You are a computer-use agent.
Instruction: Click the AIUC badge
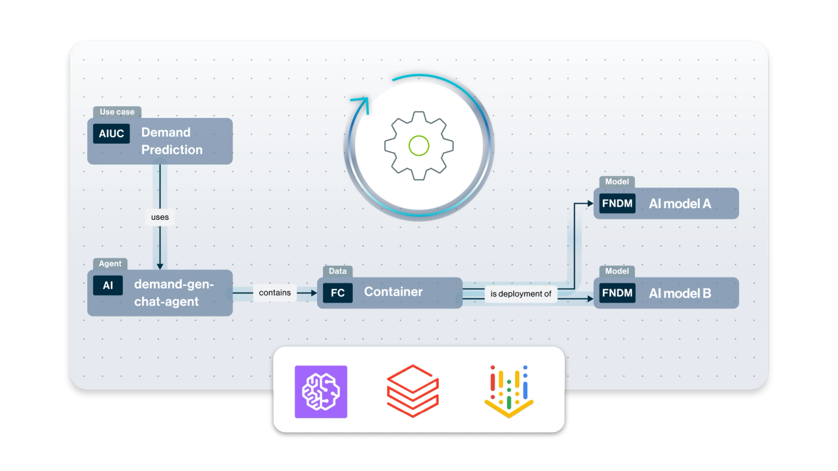click(111, 134)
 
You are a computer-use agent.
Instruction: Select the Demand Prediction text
click(172, 141)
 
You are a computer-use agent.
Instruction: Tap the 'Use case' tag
click(117, 112)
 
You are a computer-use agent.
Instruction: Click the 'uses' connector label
click(159, 217)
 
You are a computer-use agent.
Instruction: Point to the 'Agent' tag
click(110, 263)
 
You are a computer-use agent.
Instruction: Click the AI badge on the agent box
click(108, 286)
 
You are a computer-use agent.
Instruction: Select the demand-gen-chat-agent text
click(174, 293)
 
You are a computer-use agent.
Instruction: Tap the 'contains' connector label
click(275, 292)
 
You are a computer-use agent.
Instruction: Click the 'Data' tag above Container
click(338, 271)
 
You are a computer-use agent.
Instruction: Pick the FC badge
click(338, 292)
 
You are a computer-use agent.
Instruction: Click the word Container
click(393, 292)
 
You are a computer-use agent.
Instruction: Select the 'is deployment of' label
click(521, 294)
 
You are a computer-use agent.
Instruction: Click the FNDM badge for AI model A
click(617, 204)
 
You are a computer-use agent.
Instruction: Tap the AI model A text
click(680, 204)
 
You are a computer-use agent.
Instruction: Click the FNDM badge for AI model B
click(617, 293)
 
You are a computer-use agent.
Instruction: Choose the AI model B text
click(680, 293)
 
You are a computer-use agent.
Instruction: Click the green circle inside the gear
click(419, 145)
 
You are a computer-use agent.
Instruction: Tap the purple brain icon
click(321, 391)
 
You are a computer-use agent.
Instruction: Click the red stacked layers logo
click(413, 391)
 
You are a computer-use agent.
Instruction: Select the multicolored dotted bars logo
click(509, 391)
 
